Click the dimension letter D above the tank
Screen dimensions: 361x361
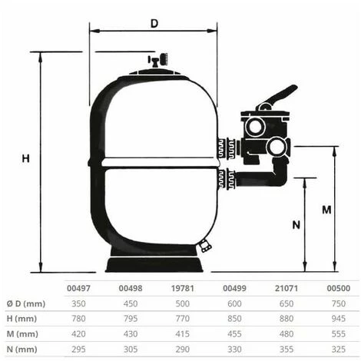click(154, 24)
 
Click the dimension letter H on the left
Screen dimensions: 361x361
click(25, 158)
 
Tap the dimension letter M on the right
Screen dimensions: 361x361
click(326, 209)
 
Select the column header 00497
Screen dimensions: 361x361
click(79, 289)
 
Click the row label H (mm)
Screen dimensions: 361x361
click(22, 319)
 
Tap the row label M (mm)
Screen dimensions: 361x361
click(22, 334)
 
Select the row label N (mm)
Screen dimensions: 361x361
click(22, 349)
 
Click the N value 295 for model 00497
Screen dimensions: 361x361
click(79, 349)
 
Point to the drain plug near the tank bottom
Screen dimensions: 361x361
click(205, 247)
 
